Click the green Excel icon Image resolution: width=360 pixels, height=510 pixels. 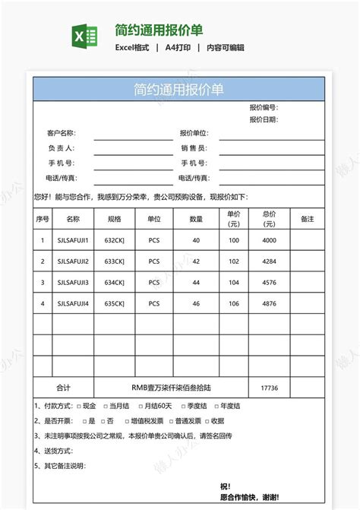(84, 36)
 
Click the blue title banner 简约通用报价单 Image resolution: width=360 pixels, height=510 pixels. (178, 90)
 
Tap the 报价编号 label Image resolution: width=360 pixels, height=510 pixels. (263, 108)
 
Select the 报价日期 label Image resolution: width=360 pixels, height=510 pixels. (263, 119)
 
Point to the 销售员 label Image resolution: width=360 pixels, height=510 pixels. (194, 148)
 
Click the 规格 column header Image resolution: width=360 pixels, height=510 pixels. (115, 219)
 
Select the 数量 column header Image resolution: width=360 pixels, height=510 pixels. (196, 219)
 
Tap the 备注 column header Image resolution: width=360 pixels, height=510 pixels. (307, 219)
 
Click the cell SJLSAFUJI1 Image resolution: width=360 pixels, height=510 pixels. (73, 240)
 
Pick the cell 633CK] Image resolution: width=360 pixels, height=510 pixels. (115, 261)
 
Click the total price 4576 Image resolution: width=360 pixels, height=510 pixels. (269, 283)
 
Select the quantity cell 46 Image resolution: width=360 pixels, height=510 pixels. (196, 304)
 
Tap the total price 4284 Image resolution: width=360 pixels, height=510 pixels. (269, 261)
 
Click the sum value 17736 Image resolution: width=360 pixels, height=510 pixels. (269, 388)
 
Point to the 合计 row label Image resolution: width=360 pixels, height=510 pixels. (64, 388)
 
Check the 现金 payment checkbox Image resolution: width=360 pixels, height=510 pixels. (78, 406)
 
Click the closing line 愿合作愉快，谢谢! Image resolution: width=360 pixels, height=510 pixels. (248, 497)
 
